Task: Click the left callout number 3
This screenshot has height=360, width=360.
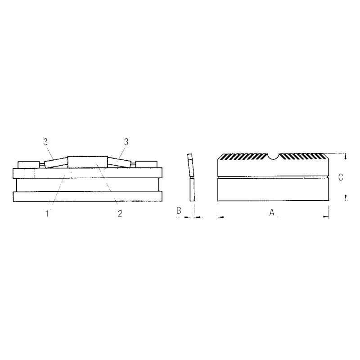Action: pyautogui.click(x=45, y=142)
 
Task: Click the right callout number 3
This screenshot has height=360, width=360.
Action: pyautogui.click(x=126, y=142)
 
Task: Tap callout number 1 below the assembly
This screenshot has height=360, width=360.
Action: pyautogui.click(x=47, y=214)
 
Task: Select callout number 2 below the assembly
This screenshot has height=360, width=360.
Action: pyautogui.click(x=120, y=214)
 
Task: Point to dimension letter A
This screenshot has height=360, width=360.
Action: pyautogui.click(x=272, y=212)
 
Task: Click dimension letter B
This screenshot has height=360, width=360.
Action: pyautogui.click(x=179, y=210)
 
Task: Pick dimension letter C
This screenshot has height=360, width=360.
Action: pyautogui.click(x=341, y=177)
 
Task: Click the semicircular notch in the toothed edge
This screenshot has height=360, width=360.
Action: pyautogui.click(x=273, y=156)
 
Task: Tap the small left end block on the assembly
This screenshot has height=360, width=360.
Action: pyautogui.click(x=29, y=165)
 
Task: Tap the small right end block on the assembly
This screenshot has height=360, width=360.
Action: pyautogui.click(x=147, y=164)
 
